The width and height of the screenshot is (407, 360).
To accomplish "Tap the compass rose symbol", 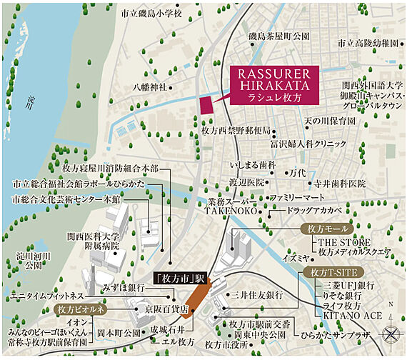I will [392, 333].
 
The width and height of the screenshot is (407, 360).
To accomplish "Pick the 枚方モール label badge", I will [325, 229].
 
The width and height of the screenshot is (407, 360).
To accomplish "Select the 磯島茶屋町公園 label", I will [278, 36].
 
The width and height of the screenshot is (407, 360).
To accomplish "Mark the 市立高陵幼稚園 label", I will [368, 43].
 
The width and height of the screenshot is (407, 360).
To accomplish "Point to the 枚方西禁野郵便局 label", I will [236, 131].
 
